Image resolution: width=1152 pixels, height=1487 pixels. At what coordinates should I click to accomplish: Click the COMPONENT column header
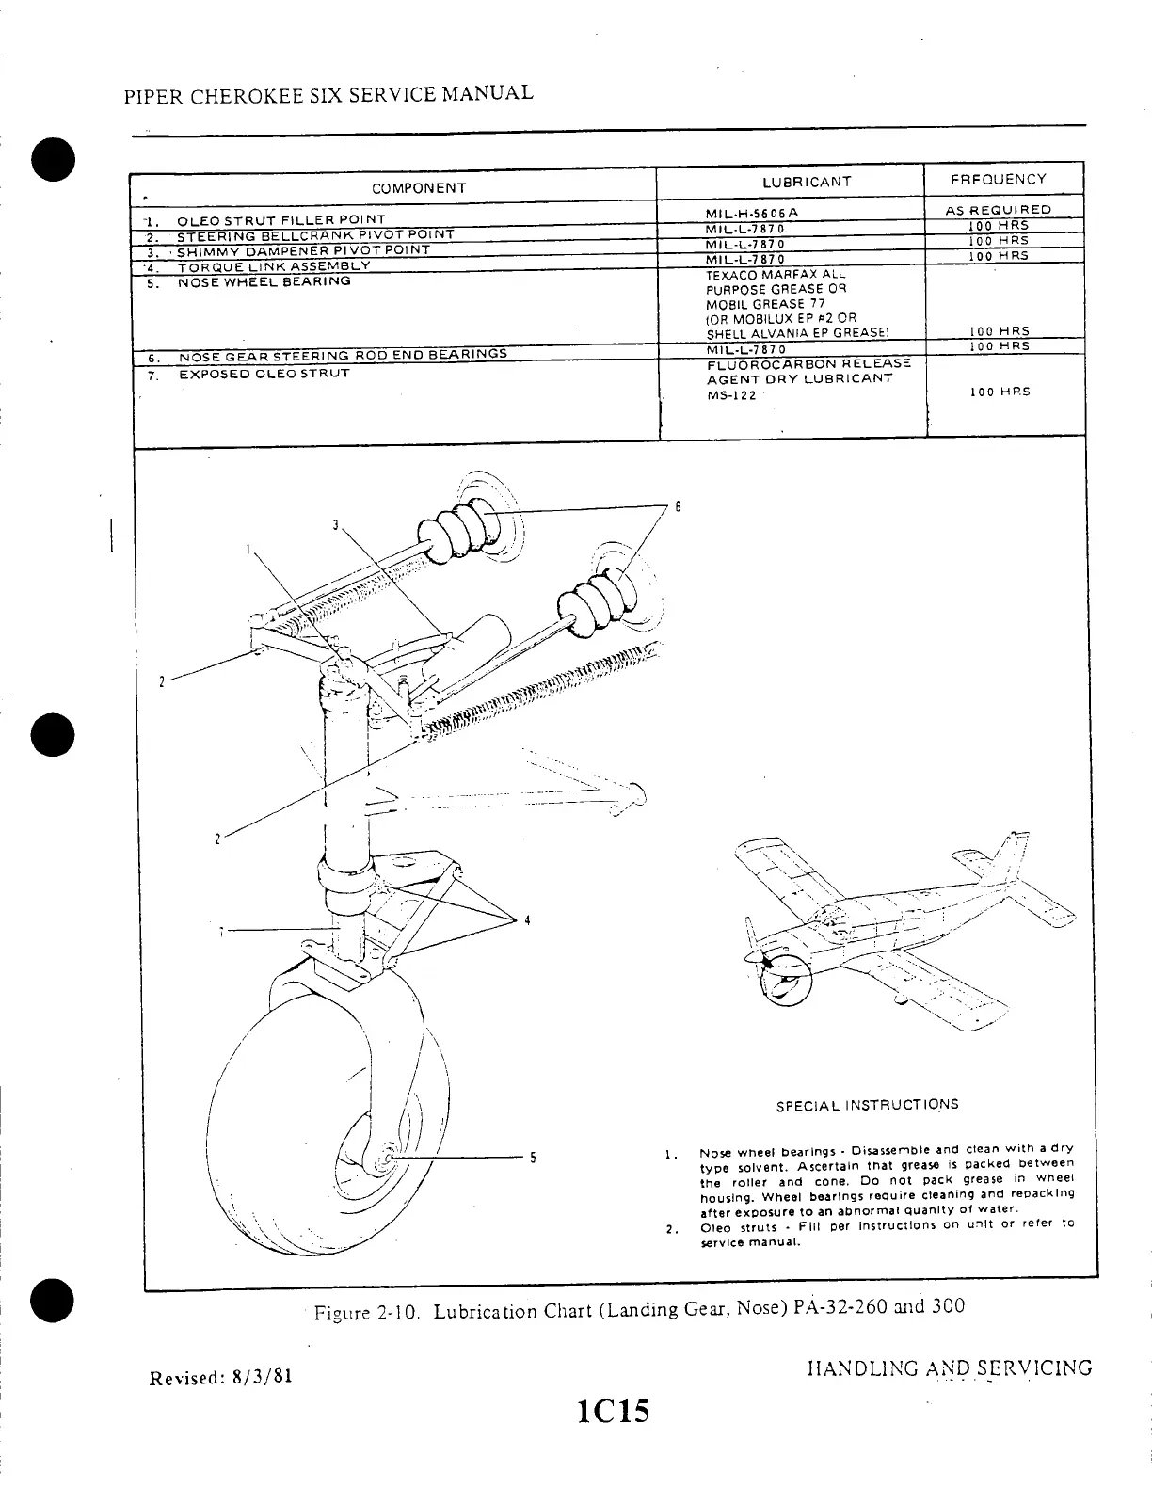[x=419, y=188]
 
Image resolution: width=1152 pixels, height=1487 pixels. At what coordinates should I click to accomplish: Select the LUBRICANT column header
[x=807, y=182]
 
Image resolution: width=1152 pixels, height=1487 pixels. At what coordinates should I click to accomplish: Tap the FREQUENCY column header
[x=998, y=179]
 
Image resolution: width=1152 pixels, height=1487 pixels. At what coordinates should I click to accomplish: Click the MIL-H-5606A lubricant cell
[x=753, y=213]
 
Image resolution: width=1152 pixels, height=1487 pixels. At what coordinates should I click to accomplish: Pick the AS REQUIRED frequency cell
[x=998, y=211]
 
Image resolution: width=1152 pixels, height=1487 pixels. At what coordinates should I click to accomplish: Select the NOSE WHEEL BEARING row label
[x=264, y=281]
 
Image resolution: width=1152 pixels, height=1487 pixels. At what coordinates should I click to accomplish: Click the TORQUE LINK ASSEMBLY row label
[x=274, y=265]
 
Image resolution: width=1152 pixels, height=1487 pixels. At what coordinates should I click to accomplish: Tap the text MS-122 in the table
[x=731, y=396]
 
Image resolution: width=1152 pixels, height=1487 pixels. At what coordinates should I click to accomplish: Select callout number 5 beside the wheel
[x=532, y=1158]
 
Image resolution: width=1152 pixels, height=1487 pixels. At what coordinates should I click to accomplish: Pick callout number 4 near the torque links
[x=527, y=919]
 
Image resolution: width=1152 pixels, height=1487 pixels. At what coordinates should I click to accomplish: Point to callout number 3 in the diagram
[x=335, y=524]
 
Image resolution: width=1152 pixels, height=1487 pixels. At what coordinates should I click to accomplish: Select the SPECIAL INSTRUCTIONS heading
[x=867, y=1105]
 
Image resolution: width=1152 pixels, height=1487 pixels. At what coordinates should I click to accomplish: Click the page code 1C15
[x=616, y=1413]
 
